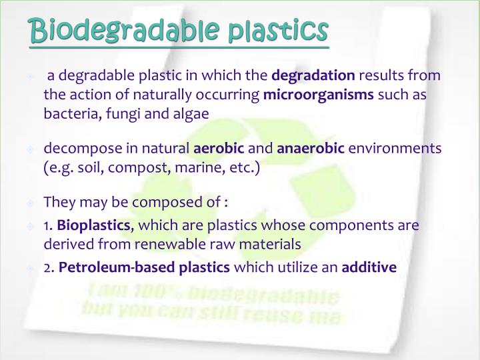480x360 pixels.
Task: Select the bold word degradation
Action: point(313,77)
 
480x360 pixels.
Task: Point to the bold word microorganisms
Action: point(319,95)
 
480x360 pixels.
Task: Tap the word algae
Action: point(190,114)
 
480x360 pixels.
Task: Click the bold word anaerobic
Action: point(311,148)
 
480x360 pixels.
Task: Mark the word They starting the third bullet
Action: point(58,201)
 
